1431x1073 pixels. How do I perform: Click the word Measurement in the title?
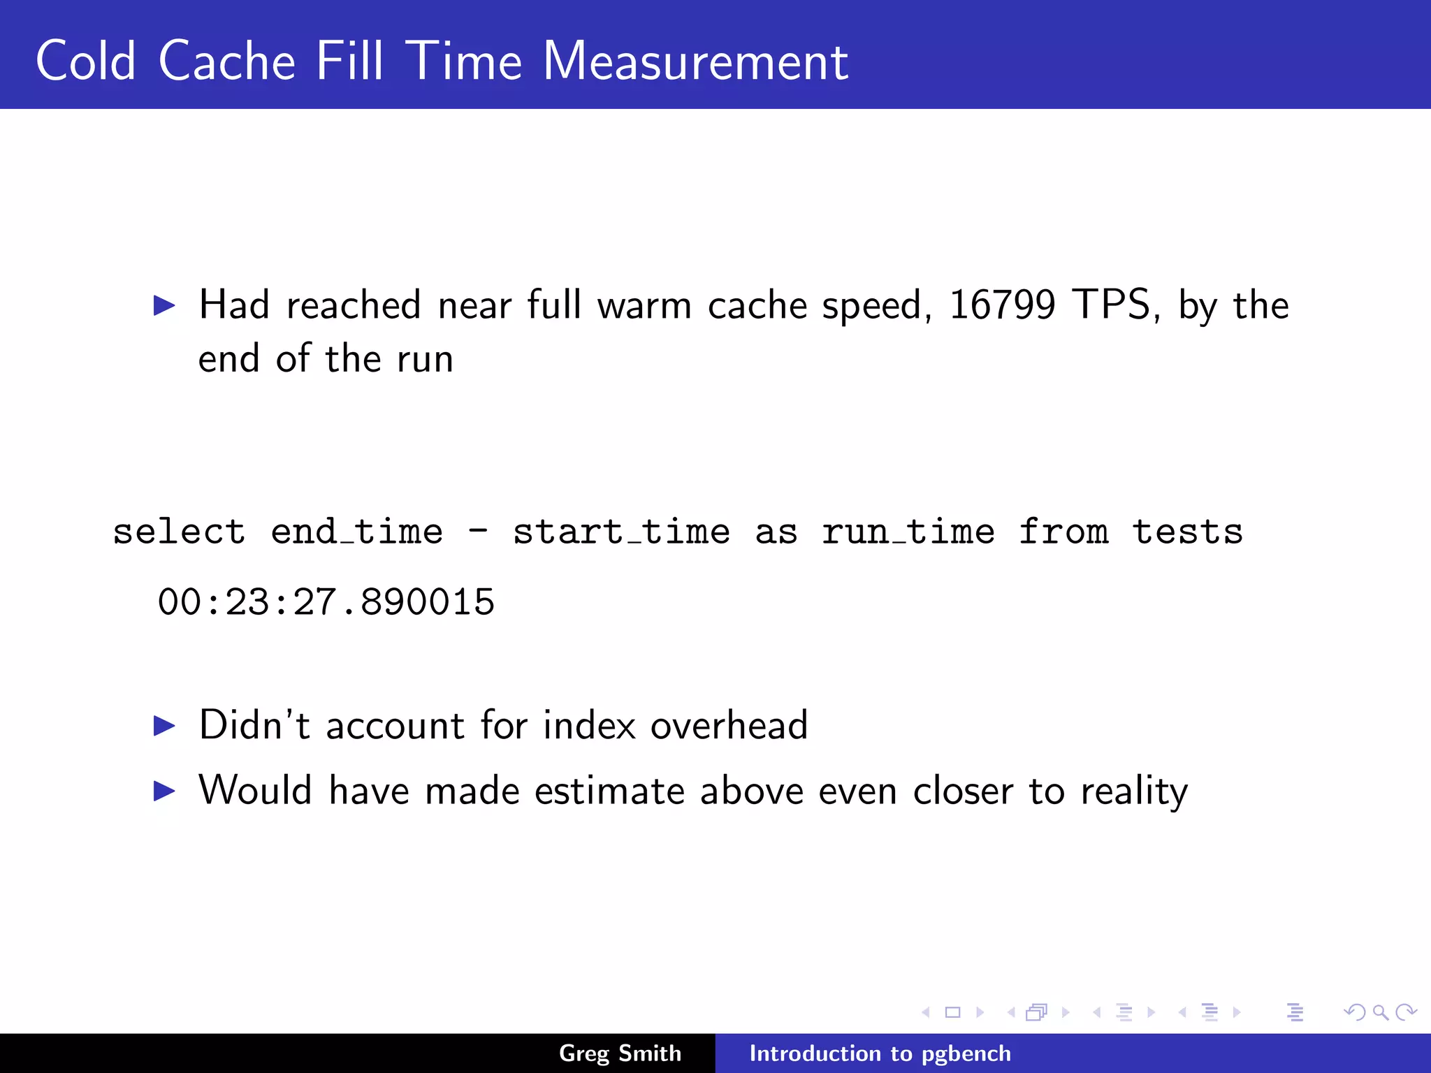pyautogui.click(x=695, y=61)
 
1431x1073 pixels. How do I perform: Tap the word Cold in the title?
pyautogui.click(x=85, y=61)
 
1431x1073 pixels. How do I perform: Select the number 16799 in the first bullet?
pyautogui.click(x=1002, y=305)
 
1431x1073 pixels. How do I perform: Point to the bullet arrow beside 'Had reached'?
pyautogui.click(x=164, y=305)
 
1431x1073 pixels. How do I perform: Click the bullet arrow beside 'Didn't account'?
pyautogui.click(x=164, y=726)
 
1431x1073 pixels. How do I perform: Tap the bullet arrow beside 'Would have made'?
pyautogui.click(x=164, y=791)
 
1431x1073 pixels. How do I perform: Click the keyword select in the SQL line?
pyautogui.click(x=179, y=532)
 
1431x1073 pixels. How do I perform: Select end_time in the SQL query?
pyautogui.click(x=356, y=532)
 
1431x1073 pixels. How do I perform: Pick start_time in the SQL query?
pyautogui.click(x=621, y=532)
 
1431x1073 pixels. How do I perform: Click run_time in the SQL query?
pyautogui.click(x=908, y=532)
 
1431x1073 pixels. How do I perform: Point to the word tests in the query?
pyautogui.click(x=1187, y=532)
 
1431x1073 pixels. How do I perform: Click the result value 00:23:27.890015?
pyautogui.click(x=326, y=602)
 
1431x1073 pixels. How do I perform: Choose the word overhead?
pyautogui.click(x=729, y=725)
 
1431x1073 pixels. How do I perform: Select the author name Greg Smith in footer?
pyautogui.click(x=620, y=1053)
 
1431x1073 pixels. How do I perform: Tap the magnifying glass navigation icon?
pyautogui.click(x=1380, y=1012)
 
